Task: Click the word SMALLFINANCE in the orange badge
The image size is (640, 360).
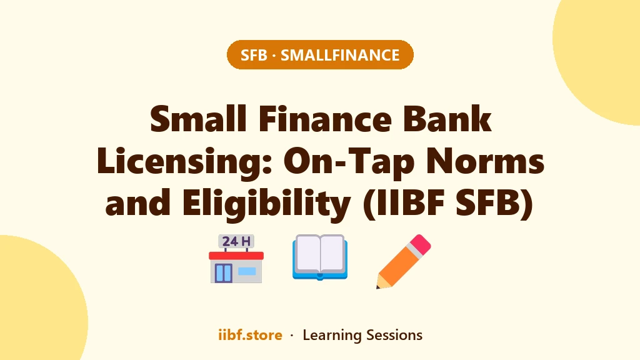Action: pyautogui.click(x=340, y=55)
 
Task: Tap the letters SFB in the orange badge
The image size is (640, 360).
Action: pyautogui.click(x=254, y=55)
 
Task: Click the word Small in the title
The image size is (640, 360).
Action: pyautogui.click(x=198, y=119)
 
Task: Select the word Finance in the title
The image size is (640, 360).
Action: pyautogui.click(x=325, y=119)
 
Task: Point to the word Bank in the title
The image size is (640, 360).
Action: pyautogui.click(x=447, y=119)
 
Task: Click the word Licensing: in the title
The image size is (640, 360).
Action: pyautogui.click(x=184, y=161)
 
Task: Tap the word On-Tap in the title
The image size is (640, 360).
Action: pyautogui.click(x=349, y=162)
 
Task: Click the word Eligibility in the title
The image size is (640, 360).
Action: pyautogui.click(x=266, y=203)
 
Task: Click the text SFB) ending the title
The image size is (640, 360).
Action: pyautogui.click(x=494, y=204)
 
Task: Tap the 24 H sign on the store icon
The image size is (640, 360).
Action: pyautogui.click(x=236, y=241)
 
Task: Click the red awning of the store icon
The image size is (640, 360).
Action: pyautogui.click(x=236, y=256)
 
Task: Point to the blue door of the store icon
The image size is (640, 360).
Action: pyautogui.click(x=223, y=273)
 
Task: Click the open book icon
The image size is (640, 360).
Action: pyautogui.click(x=320, y=257)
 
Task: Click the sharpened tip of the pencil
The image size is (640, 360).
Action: pyautogui.click(x=378, y=286)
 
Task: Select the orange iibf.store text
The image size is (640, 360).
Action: pyautogui.click(x=250, y=335)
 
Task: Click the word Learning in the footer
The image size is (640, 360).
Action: pyautogui.click(x=332, y=335)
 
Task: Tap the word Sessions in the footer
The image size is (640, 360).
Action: pyautogui.click(x=394, y=335)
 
